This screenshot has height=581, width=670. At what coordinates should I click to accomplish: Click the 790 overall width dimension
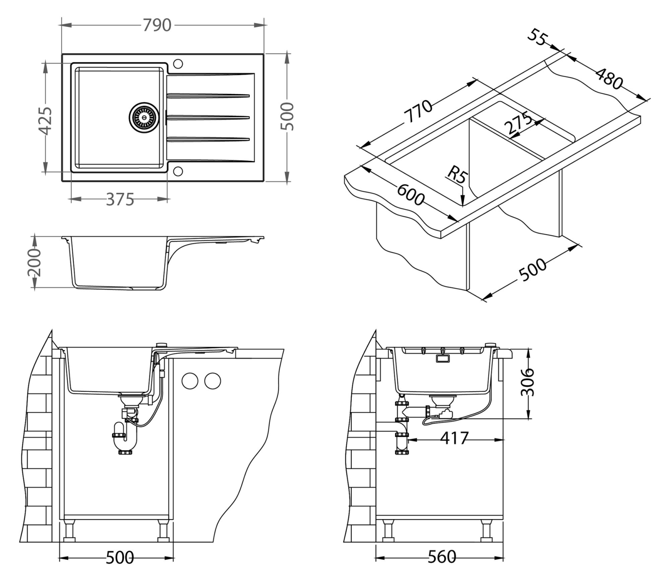(157, 26)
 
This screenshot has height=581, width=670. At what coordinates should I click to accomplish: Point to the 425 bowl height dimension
(46, 121)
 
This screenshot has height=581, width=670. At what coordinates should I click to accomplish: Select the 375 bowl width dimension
(120, 200)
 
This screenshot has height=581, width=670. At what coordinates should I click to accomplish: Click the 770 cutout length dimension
(419, 110)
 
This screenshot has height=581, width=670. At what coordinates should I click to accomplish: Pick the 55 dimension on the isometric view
(537, 37)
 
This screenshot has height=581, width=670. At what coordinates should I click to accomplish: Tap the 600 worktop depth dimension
(411, 195)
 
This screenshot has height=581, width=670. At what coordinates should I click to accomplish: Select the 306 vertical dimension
(529, 381)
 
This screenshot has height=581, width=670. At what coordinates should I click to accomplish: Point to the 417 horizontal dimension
(454, 438)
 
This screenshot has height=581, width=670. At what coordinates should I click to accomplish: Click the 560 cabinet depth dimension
(442, 557)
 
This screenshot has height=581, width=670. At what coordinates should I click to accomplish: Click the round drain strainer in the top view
(143, 116)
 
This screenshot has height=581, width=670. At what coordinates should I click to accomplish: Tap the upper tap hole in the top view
(178, 64)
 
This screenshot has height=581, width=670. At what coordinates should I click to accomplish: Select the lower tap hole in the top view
(178, 171)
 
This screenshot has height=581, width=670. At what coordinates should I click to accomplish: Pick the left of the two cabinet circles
(190, 381)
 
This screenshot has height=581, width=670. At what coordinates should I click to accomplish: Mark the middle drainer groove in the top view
(208, 117)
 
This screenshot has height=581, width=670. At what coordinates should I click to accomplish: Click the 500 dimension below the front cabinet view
(120, 558)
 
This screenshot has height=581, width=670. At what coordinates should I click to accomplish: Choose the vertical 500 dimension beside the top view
(288, 116)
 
